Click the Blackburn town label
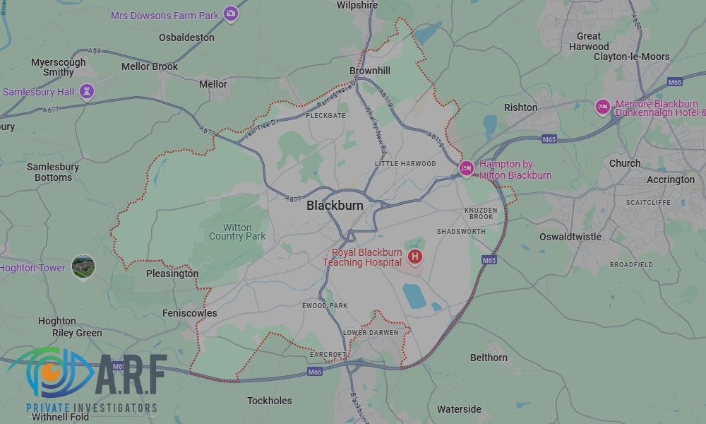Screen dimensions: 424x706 (335, 206)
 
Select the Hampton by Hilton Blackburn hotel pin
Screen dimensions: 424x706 (465, 168)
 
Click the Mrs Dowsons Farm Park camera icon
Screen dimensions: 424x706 (230, 13)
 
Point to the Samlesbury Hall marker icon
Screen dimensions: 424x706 (86, 92)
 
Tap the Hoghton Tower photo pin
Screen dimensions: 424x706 (83, 266)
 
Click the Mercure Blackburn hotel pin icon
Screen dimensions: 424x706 (602, 107)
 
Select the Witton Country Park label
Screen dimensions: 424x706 (237, 232)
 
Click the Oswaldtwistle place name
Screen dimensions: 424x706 (570, 237)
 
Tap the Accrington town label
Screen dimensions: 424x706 (671, 179)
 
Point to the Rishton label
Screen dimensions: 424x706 (520, 107)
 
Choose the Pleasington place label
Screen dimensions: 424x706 (172, 273)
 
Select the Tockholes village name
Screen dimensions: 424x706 (269, 401)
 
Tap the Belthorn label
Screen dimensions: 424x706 (489, 358)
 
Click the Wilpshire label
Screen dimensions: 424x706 (357, 5)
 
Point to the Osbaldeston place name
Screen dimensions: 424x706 (186, 37)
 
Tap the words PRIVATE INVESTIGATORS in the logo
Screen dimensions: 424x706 (92, 408)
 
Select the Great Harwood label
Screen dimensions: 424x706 (589, 41)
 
